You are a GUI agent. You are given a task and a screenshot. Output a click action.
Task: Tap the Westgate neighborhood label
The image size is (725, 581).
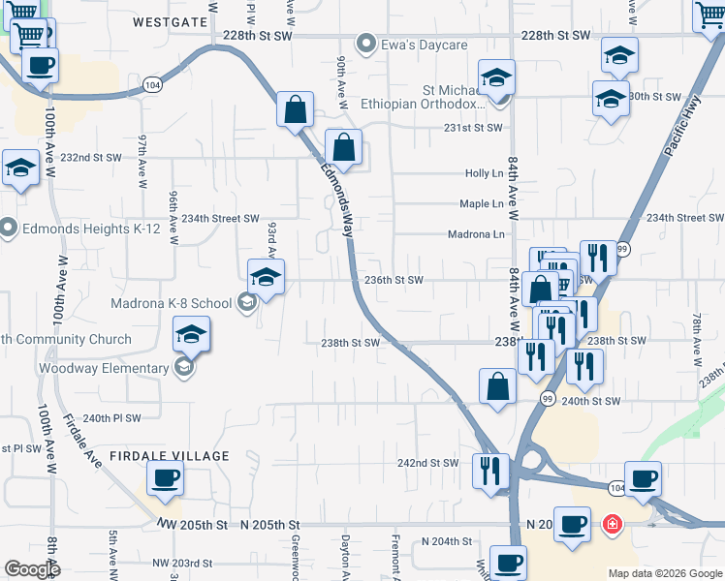(x=171, y=21)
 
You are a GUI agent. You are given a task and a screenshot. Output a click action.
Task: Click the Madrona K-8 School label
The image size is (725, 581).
(x=172, y=303)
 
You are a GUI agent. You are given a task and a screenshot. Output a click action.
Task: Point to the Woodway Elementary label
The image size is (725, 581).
(x=104, y=368)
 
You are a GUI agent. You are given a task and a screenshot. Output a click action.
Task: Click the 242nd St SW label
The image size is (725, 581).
(x=427, y=463)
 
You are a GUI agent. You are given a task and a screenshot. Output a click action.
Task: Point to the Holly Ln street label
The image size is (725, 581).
(x=485, y=173)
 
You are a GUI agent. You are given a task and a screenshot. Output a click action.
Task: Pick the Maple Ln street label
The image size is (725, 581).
(x=481, y=203)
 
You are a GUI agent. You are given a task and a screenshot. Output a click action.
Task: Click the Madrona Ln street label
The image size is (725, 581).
(x=476, y=234)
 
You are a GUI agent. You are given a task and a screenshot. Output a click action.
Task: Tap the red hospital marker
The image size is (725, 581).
(x=612, y=526)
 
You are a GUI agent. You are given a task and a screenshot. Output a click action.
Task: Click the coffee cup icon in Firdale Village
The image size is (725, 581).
(x=165, y=478)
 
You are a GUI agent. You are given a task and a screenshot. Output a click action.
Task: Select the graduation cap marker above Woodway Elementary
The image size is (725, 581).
(x=192, y=335)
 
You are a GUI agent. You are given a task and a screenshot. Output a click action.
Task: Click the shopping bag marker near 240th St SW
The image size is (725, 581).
(x=497, y=386)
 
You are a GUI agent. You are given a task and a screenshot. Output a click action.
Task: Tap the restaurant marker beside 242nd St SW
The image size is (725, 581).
(x=490, y=471)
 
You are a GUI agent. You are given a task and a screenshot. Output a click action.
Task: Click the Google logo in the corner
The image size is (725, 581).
(x=32, y=569)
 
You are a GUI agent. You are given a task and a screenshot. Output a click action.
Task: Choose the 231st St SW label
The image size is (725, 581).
(x=474, y=128)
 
